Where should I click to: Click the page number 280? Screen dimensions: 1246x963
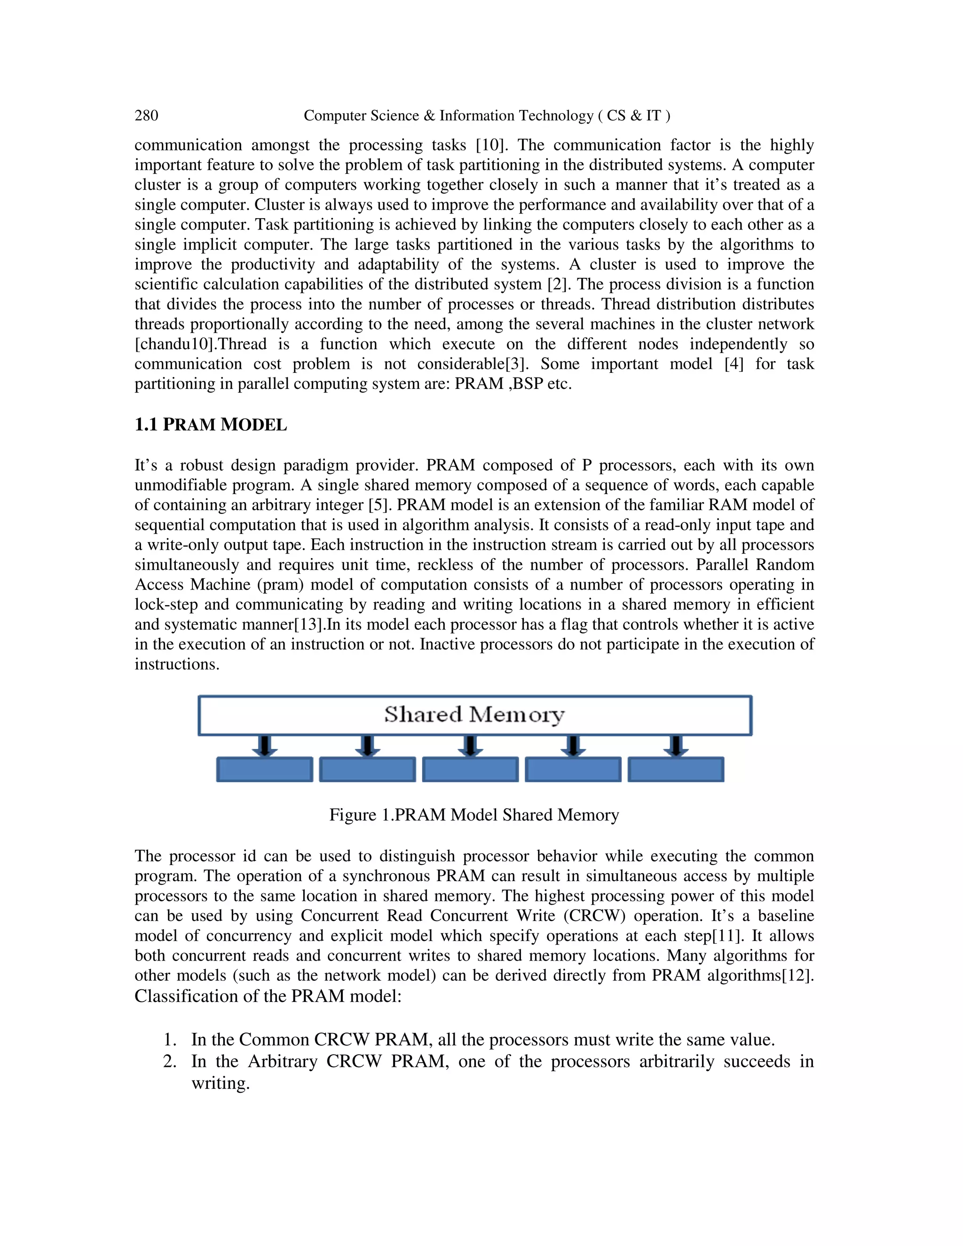tap(146, 116)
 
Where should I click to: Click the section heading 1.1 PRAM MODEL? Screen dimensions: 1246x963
tap(211, 425)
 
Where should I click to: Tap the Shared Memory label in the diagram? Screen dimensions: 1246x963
tap(474, 714)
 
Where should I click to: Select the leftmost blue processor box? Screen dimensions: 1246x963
tap(265, 769)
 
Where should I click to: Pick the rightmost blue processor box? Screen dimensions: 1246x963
tap(676, 769)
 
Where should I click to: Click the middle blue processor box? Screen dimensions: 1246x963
tap(470, 769)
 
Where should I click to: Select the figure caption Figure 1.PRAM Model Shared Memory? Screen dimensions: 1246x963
tap(474, 815)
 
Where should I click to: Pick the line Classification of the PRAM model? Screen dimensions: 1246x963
tap(268, 996)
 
